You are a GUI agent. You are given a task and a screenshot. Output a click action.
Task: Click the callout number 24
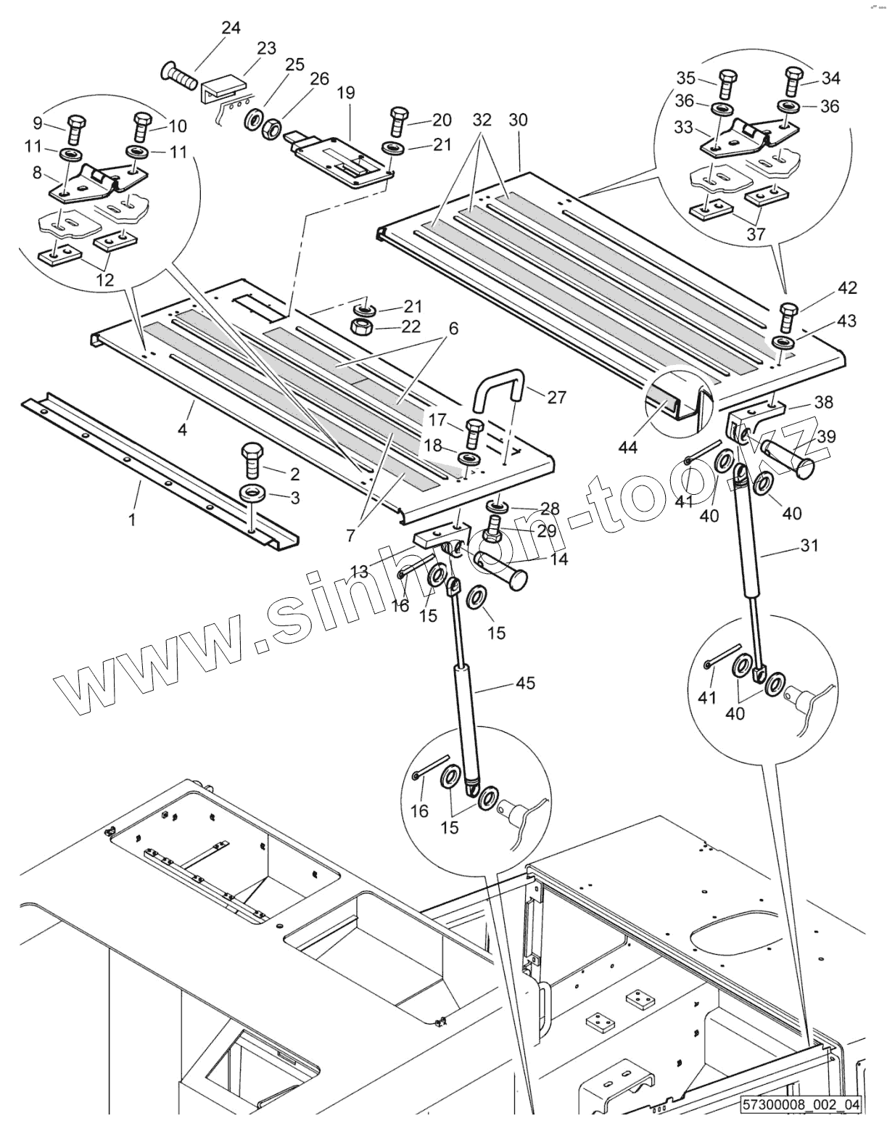click(231, 28)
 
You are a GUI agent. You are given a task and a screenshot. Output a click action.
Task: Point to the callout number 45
click(525, 683)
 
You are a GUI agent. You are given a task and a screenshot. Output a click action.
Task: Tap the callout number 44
click(628, 448)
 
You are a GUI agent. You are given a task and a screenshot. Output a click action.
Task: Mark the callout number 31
click(809, 545)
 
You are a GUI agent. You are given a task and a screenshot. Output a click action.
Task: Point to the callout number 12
click(105, 279)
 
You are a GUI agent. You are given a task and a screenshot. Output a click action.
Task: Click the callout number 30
click(519, 120)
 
